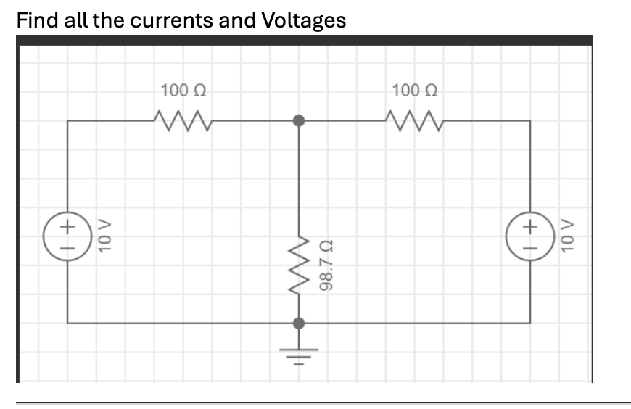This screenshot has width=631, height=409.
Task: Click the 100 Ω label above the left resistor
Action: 183,91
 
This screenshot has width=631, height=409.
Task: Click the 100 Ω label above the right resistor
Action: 414,91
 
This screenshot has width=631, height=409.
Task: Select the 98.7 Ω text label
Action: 328,265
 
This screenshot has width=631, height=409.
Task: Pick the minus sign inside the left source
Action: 67,247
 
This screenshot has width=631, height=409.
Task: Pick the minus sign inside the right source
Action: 529,247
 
